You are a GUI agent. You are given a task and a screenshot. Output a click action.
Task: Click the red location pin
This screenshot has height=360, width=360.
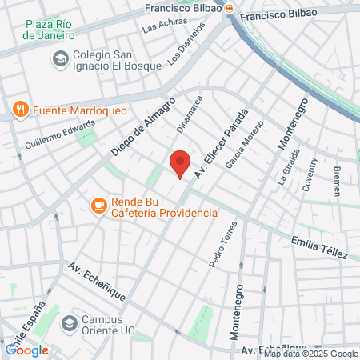tap(180, 163)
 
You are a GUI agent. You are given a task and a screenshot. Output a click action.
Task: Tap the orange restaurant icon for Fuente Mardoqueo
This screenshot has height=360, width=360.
tap(20, 109)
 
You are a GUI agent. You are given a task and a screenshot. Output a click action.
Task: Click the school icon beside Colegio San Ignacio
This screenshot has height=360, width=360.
tap(59, 58)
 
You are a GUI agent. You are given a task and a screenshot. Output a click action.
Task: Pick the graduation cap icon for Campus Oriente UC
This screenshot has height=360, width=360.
tap(70, 323)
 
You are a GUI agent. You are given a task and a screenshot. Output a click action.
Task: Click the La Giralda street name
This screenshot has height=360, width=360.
tap(290, 166)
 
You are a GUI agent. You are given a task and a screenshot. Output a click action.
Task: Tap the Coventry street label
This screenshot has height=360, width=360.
tap(310, 172)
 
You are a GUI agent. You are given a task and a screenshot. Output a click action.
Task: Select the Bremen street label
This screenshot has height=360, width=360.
tap(336, 182)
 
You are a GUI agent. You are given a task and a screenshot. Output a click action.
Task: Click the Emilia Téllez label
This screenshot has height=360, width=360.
tap(320, 246)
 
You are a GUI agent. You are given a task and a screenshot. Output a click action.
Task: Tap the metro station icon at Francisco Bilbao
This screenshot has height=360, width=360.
tap(229, 9)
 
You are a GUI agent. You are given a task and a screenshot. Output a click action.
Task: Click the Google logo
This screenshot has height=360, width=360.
tap(26, 350)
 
